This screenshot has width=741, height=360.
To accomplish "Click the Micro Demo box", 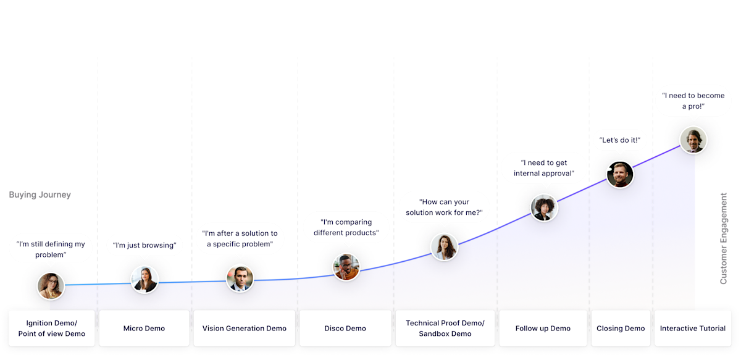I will point(144,329).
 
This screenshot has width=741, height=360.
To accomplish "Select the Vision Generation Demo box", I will point(245,329).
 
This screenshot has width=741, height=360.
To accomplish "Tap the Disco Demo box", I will point(345,329).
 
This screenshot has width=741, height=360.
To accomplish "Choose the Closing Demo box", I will point(621,329).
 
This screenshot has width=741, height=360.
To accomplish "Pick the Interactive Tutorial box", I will point(693,329).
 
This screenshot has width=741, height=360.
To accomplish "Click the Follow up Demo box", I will point(543,329).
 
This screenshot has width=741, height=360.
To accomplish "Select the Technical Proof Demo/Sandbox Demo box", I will point(445,329).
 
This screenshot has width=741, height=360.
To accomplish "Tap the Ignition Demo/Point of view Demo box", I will point(52,329).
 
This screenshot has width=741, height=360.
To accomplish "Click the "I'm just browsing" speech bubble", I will point(144,245).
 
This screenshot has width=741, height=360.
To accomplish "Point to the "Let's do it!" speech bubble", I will point(619,141).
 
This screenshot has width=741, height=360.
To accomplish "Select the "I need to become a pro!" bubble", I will point(693,101).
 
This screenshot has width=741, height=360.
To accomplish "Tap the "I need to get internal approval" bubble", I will point(543,168).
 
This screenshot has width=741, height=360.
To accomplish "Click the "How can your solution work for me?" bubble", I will point(444,207).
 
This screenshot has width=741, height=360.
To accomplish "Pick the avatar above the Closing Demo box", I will point(619,174).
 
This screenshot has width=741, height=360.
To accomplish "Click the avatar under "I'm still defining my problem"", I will point(51,286).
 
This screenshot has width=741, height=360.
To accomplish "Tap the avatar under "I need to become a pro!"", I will point(693,140).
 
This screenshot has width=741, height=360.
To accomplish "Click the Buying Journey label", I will point(40,195).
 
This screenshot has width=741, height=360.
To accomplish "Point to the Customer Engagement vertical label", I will point(724,238).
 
